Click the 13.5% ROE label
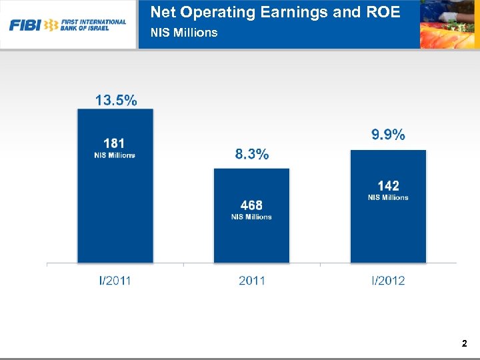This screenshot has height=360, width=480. point(116,101)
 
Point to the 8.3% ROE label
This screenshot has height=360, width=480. point(251,155)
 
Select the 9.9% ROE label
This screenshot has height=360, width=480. point(388,135)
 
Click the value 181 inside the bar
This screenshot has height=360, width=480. point(114,143)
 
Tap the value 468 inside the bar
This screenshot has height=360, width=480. point(251,205)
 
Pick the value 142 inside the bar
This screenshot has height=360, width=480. point(388,186)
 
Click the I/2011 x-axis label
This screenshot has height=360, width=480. point(115,281)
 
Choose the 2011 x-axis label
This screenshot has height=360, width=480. point(251,281)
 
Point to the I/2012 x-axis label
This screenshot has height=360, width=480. point(388,281)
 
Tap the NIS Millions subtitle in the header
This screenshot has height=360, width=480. point(184,33)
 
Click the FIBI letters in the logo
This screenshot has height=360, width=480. point(25,25)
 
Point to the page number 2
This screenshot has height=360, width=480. point(464,344)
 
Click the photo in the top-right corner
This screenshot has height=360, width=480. point(449,25)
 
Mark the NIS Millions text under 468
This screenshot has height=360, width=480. point(251,217)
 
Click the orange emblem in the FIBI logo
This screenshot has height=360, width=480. point(51,25)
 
